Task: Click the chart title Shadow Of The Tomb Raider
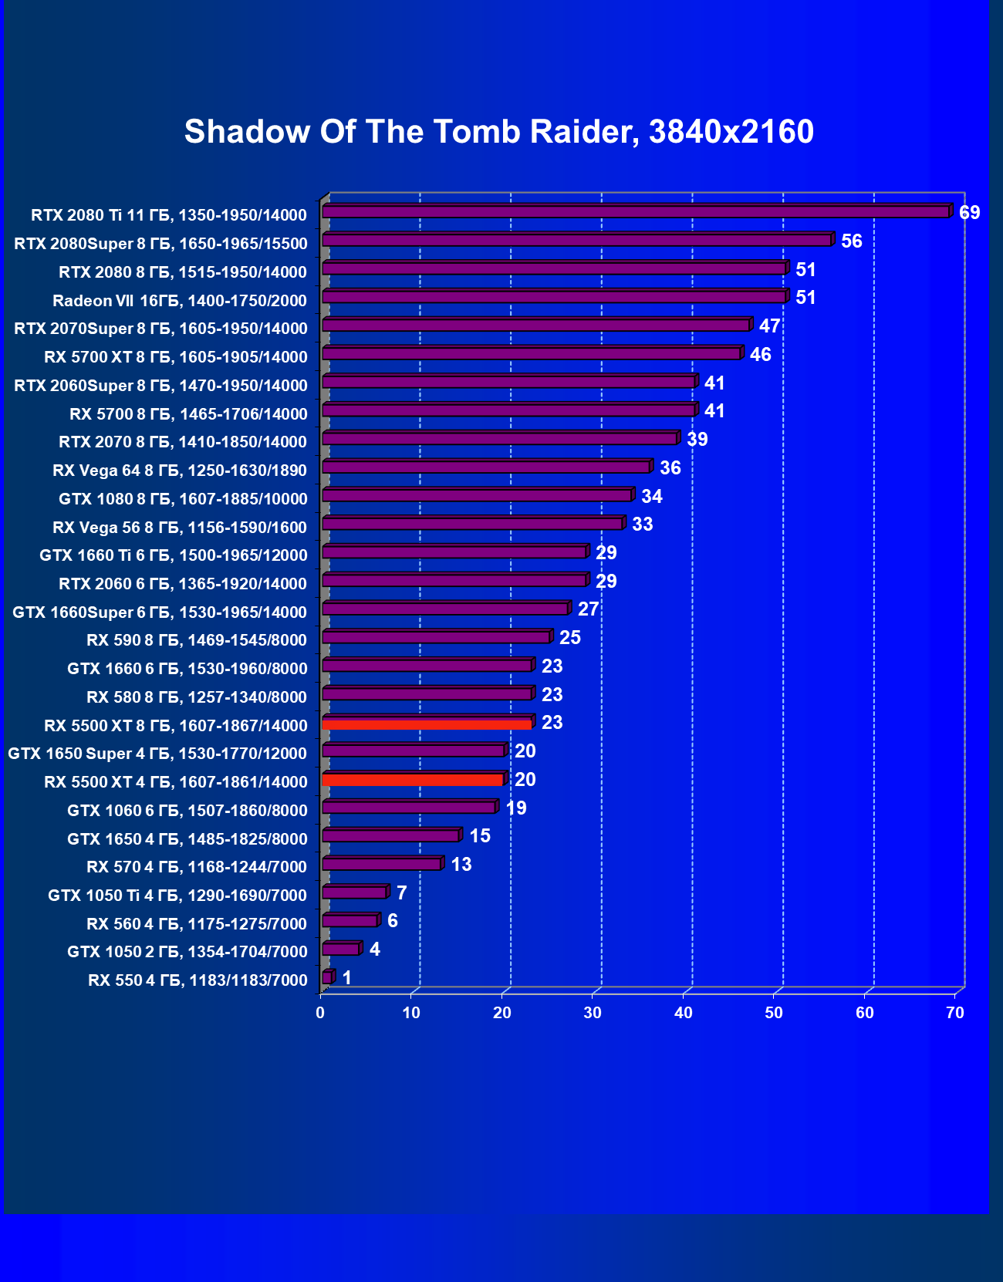[498, 132]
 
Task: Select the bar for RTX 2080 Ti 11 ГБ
[635, 212]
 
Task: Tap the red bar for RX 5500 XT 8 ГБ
[427, 724]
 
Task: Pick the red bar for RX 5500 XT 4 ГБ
[413, 781]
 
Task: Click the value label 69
[969, 213]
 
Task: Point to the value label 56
[851, 241]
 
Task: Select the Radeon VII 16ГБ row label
[180, 301]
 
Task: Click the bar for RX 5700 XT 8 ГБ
[531, 354]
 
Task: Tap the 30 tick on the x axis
[593, 1013]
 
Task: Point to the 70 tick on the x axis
[955, 1013]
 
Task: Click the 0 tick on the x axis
[320, 1013]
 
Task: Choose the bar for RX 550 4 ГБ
[327, 978]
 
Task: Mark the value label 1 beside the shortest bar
[347, 978]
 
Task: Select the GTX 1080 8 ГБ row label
[183, 499]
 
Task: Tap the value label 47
[769, 326]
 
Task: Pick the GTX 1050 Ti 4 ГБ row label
[177, 896]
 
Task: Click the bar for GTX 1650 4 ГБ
[390, 836]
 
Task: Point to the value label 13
[461, 865]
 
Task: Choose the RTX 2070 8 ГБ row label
[183, 442]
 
